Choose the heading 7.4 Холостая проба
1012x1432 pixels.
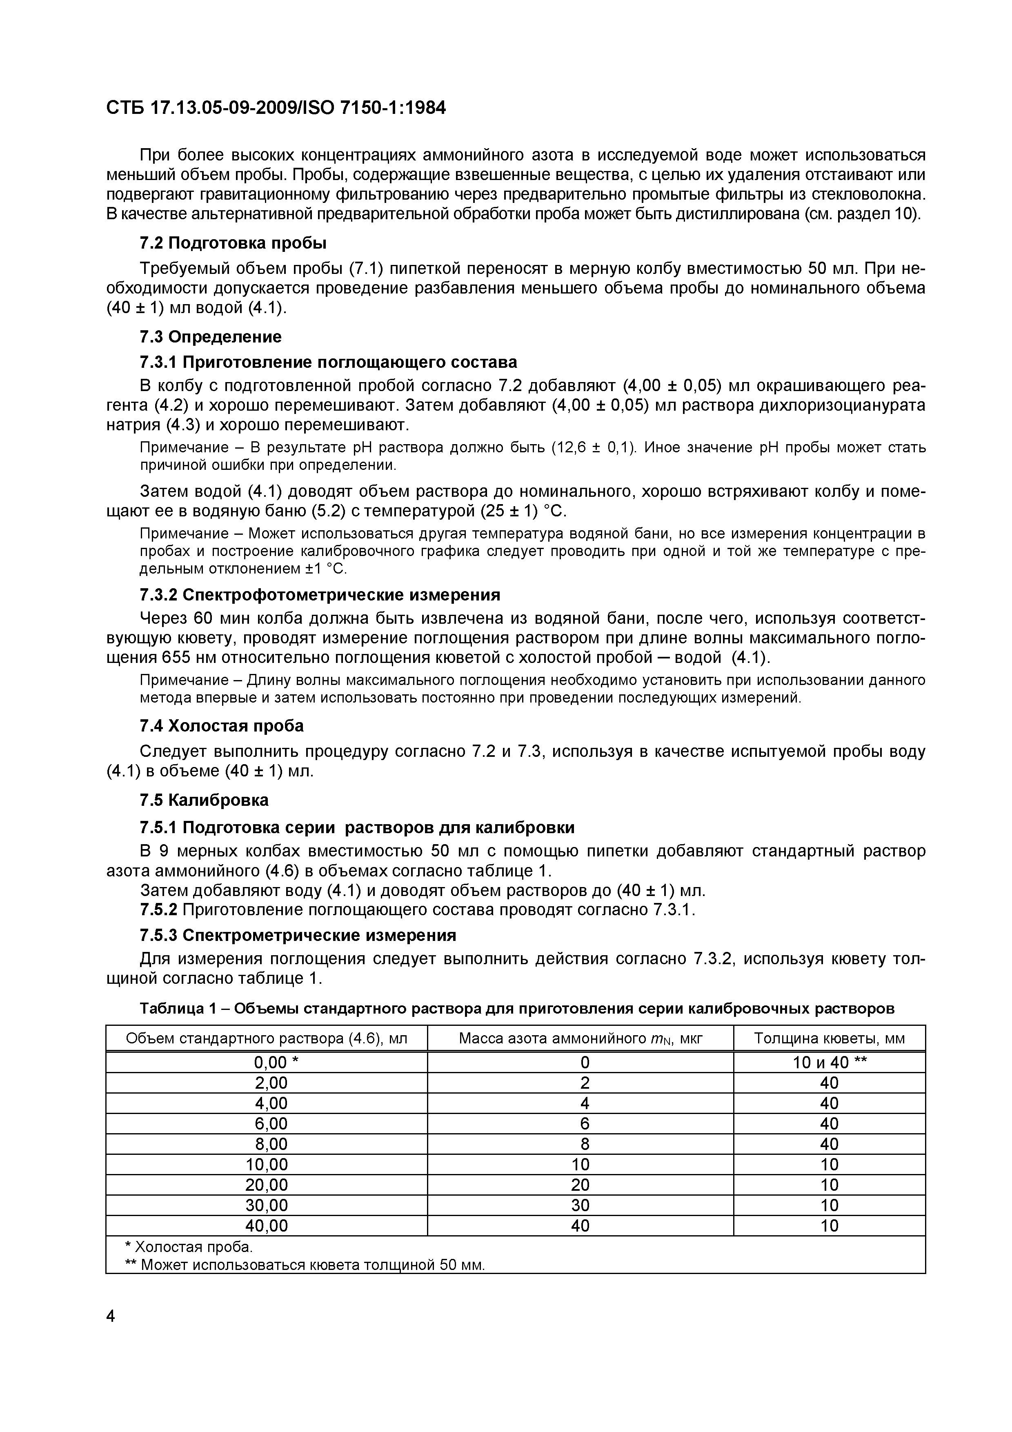pos(221,726)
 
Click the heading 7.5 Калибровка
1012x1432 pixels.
pos(204,800)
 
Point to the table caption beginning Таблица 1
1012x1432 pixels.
pos(516,1009)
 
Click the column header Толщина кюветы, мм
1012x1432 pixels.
pos(829,1038)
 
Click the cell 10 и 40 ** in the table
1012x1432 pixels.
pos(829,1062)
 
